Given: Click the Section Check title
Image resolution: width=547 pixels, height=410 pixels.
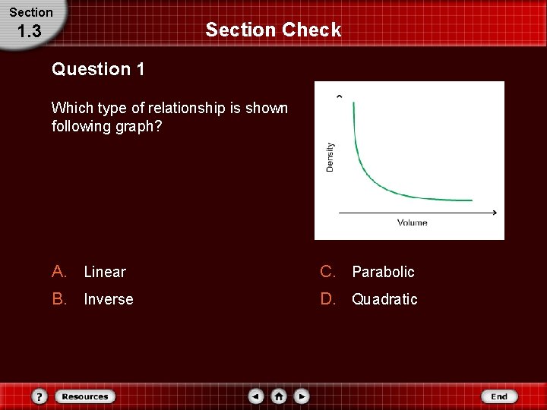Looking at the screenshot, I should tap(273, 30).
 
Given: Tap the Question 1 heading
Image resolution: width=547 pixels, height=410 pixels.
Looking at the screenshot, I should tap(98, 69).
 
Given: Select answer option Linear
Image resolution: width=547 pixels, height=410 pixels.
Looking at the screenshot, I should tap(105, 272).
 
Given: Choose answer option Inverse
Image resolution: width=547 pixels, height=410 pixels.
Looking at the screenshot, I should tap(108, 299).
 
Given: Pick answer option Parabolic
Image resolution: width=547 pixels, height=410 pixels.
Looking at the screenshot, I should tap(383, 272).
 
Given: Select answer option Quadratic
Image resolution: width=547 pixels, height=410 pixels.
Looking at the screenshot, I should tap(384, 299).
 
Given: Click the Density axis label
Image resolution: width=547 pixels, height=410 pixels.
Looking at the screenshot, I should tap(330, 156).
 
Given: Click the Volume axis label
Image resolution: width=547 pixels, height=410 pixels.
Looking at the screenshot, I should tap(412, 222).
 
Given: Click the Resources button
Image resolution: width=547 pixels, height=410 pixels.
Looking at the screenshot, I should tap(85, 396).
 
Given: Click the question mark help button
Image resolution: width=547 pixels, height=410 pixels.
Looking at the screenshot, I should tap(40, 396).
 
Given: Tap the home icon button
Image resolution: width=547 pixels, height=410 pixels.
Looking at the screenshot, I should tap(279, 396).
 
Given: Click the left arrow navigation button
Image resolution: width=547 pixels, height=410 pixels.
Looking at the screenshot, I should tap(257, 396).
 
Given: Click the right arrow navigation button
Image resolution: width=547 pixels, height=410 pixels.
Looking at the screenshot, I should tap(302, 396).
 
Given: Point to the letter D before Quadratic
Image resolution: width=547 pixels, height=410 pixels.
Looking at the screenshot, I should tap(327, 299).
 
